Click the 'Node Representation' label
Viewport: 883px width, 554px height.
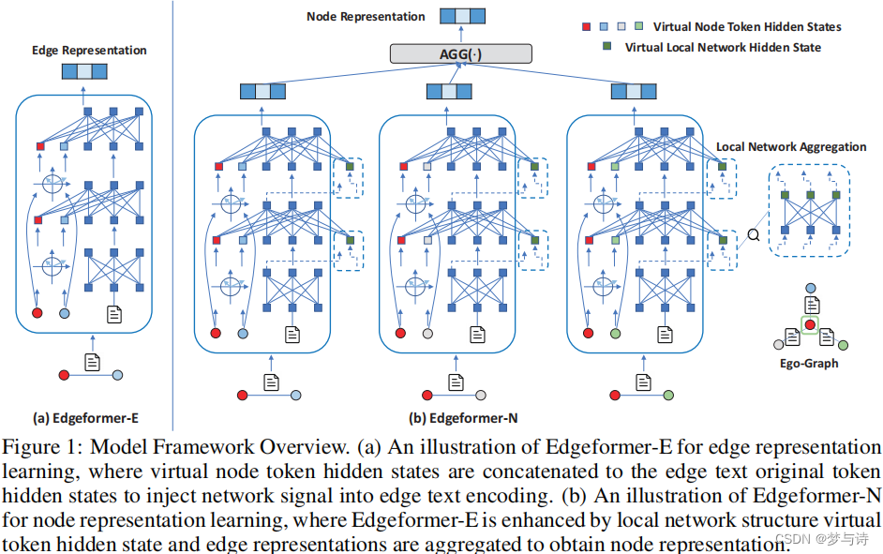pyautogui.click(x=366, y=16)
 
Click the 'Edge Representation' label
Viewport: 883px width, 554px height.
pyautogui.click(x=89, y=51)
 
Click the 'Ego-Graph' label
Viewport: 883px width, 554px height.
pyautogui.click(x=808, y=363)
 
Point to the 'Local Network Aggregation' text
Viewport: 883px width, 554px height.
pyautogui.click(x=791, y=147)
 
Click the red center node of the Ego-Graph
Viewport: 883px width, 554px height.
pyautogui.click(x=810, y=325)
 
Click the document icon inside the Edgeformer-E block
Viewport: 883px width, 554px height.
pyautogui.click(x=113, y=314)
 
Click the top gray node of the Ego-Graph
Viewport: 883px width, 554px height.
pyautogui.click(x=810, y=290)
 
